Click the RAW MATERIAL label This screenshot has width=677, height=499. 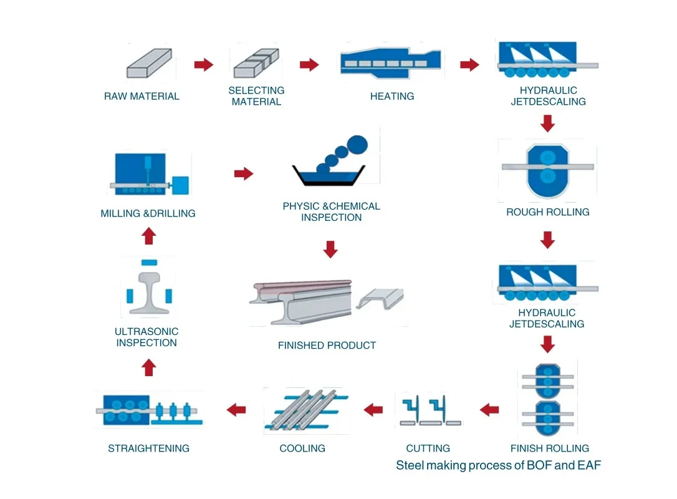pyautogui.click(x=142, y=96)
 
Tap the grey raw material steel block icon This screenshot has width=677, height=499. pyautogui.click(x=148, y=64)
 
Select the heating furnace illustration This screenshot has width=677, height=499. pyautogui.click(x=392, y=62)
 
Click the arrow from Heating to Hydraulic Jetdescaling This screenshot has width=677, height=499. pyautogui.click(x=469, y=65)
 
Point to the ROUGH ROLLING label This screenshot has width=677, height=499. pyautogui.click(x=547, y=212)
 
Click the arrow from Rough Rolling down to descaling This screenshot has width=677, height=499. pyautogui.click(x=547, y=240)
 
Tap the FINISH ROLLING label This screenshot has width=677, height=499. pyautogui.click(x=549, y=448)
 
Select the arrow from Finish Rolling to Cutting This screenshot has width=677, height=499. pyautogui.click(x=489, y=410)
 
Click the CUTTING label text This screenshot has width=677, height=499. pyautogui.click(x=428, y=448)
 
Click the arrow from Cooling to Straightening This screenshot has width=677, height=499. pyautogui.click(x=236, y=410)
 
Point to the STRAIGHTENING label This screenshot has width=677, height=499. pyautogui.click(x=148, y=448)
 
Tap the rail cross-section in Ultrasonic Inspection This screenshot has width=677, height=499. pyautogui.click(x=148, y=291)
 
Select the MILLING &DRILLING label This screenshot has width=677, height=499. pyautogui.click(x=148, y=213)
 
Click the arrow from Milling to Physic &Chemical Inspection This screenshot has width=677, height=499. pyautogui.click(x=244, y=173)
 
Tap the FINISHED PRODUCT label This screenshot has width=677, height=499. pyautogui.click(x=327, y=345)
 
